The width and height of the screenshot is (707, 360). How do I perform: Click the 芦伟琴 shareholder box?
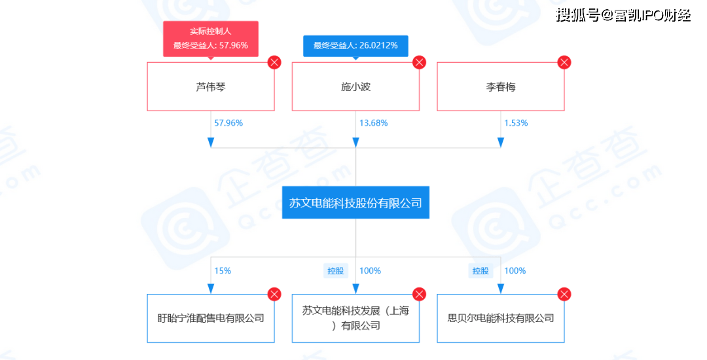click(211, 86)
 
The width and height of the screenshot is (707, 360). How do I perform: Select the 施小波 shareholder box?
click(355, 86)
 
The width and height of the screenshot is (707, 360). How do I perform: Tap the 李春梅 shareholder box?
click(501, 86)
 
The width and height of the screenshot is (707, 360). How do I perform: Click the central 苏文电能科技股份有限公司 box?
click(355, 203)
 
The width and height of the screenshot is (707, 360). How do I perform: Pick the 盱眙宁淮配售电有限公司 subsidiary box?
click(211, 319)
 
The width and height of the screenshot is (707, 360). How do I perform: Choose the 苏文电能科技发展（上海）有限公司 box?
click(355, 319)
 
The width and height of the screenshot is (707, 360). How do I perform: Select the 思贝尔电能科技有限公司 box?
click(501, 319)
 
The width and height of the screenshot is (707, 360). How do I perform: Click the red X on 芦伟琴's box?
click(274, 63)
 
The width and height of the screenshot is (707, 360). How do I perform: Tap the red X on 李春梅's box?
click(564, 63)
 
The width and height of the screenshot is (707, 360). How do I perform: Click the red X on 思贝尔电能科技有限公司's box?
click(564, 295)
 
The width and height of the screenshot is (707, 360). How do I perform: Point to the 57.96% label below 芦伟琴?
click(228, 123)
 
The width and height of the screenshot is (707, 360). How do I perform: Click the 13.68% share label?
click(373, 123)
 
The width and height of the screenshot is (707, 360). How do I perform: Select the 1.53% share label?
click(516, 123)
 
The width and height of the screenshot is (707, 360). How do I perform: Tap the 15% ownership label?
click(223, 270)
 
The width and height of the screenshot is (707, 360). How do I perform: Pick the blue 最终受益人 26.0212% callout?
click(355, 46)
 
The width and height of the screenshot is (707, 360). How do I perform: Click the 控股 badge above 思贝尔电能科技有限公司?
click(480, 270)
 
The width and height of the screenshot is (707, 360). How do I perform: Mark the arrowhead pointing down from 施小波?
click(355, 143)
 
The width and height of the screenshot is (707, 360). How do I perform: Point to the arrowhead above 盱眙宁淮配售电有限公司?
click(211, 289)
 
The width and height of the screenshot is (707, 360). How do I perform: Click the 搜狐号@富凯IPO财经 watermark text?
click(623, 14)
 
